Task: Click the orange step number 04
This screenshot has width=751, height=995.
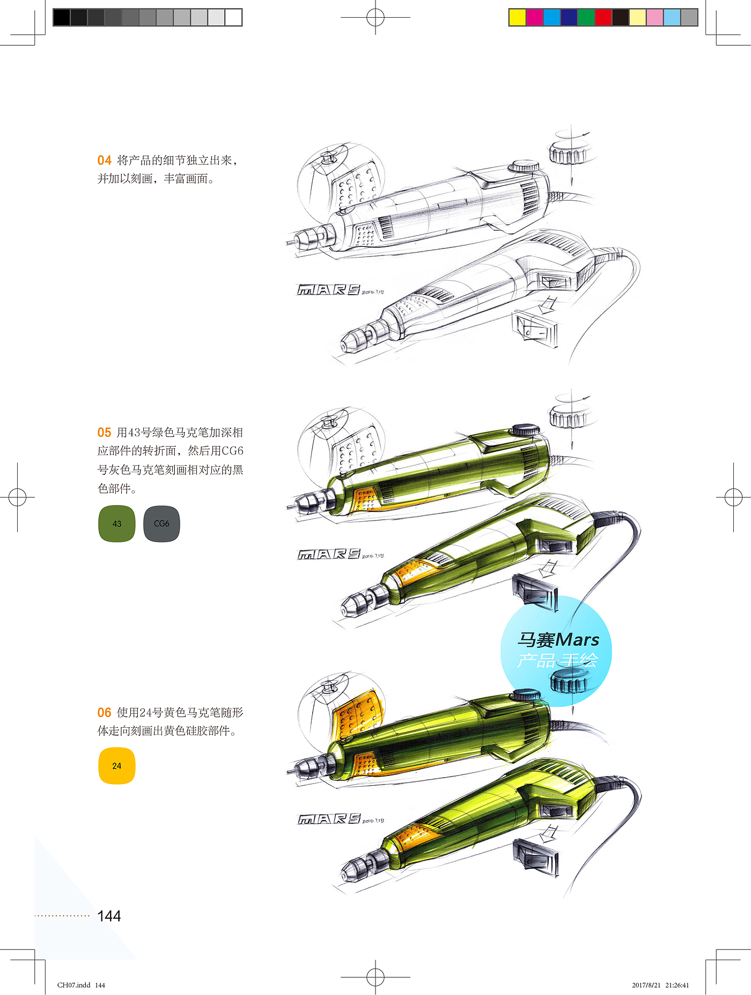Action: [104, 160]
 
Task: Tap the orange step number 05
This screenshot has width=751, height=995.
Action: [104, 433]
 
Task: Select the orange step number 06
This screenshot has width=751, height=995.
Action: [104, 713]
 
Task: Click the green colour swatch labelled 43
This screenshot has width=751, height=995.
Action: [117, 524]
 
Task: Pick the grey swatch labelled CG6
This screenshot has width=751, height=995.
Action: [161, 524]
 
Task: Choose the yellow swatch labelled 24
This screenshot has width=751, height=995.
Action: [117, 766]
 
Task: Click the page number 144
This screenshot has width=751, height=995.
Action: [109, 916]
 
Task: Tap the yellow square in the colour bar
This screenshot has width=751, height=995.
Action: [518, 17]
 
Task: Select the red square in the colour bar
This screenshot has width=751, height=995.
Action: [603, 17]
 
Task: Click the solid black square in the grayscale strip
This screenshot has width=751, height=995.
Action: [62, 17]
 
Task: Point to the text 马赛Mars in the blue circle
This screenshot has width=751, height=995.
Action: [558, 640]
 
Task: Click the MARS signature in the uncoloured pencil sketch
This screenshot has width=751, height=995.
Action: [329, 290]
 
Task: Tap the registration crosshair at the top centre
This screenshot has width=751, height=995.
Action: [376, 17]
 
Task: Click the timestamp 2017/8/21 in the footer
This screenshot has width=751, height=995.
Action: [646, 985]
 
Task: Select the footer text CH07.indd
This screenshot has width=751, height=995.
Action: [74, 985]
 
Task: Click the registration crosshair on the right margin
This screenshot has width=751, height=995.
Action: [733, 498]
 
